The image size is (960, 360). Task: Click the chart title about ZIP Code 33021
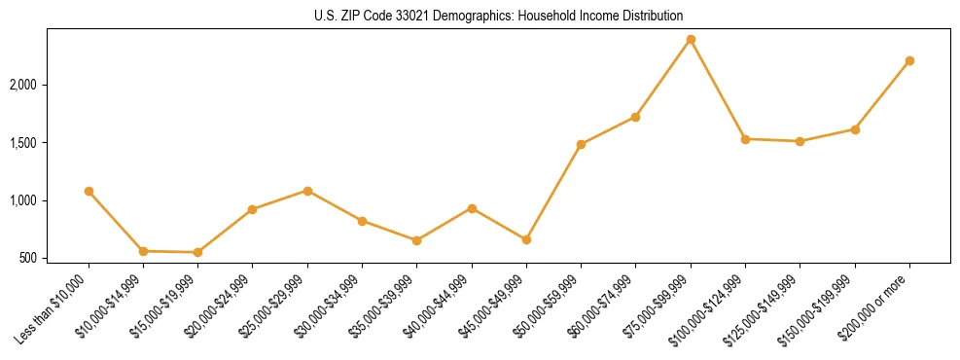point(499,16)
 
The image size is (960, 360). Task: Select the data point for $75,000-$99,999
point(691,39)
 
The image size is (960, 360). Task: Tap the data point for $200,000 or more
point(909,60)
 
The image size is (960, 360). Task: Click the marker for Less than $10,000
point(89,191)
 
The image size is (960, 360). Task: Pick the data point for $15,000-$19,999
point(197,252)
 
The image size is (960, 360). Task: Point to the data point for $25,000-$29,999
point(307,191)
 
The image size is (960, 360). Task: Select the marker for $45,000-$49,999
point(526,239)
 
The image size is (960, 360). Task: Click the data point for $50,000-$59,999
point(581,144)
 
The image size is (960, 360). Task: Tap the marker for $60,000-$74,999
point(635,117)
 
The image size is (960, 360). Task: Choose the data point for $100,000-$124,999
point(745,139)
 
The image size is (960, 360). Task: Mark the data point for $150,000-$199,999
point(855,129)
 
